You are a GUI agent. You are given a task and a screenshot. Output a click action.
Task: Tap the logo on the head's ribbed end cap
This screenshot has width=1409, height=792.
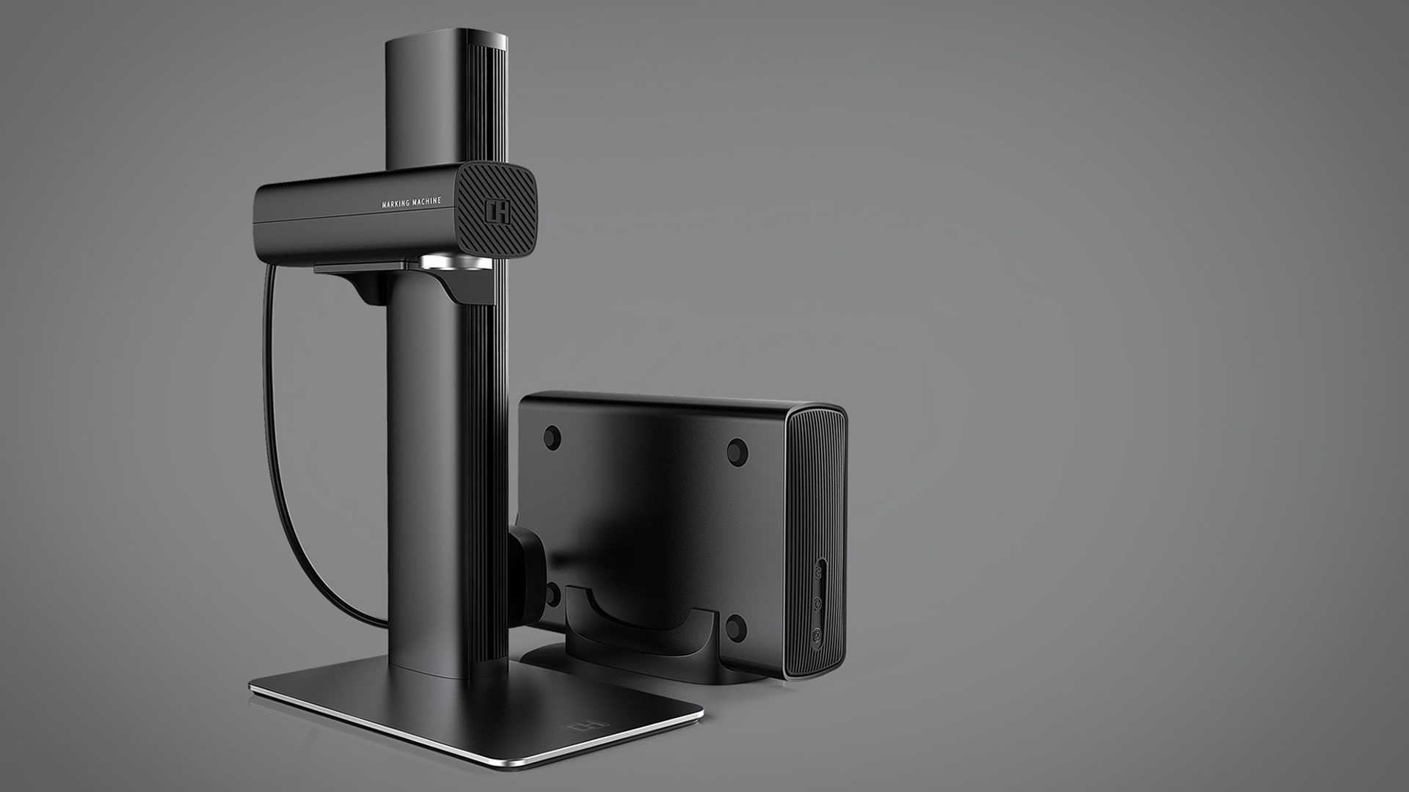497,211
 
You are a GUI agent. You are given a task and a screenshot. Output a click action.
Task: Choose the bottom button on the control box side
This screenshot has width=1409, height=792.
817,634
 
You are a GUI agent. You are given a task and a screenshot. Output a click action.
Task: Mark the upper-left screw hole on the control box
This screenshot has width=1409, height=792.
552,438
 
